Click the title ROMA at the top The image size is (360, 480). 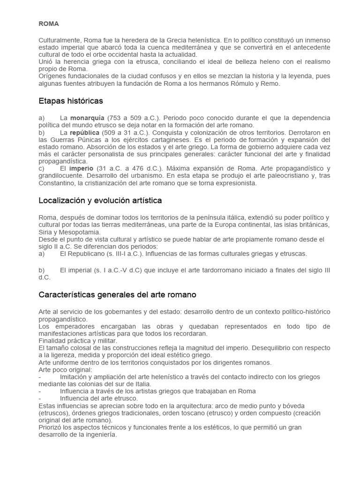pyautogui.click(x=48, y=23)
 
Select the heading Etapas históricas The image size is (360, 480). pyautogui.click(x=70, y=101)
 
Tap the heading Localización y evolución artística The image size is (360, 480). pyautogui.click(x=100, y=200)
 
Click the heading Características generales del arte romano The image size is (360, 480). pyautogui.click(x=117, y=295)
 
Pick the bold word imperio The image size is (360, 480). pyautogui.click(x=81, y=168)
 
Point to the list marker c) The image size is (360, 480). pyautogui.click(x=42, y=168)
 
